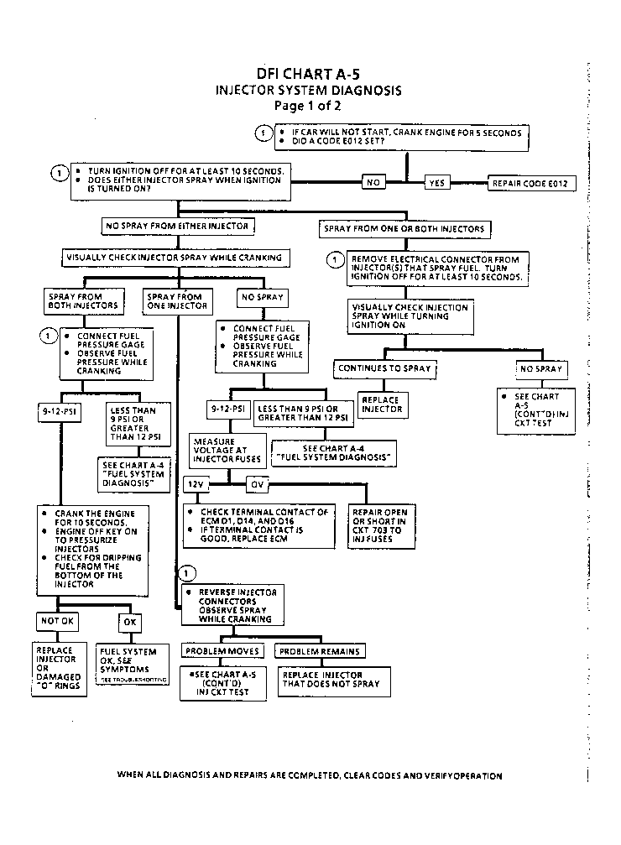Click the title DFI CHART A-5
point(308,74)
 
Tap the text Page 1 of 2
point(308,106)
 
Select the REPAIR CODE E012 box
point(532,182)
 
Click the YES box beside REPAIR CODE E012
point(437,182)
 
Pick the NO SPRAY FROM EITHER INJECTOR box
point(175,227)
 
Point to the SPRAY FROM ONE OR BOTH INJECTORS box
point(404,228)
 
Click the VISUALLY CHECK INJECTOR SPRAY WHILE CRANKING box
point(175,257)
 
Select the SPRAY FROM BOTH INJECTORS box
point(82,300)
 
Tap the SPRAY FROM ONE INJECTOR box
point(176,300)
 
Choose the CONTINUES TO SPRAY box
point(384,368)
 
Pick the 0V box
point(256,484)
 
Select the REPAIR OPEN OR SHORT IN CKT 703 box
point(382,525)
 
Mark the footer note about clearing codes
point(310,775)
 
